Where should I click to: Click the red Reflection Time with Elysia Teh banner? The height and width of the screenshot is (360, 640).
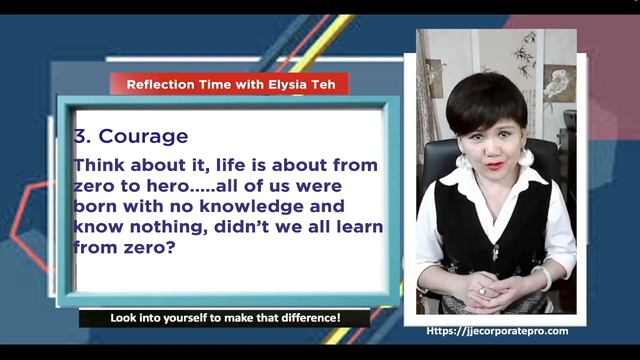coord(229,85)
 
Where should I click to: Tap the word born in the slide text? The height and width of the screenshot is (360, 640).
coord(94,207)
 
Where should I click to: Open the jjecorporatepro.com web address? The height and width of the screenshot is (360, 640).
coord(497,331)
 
